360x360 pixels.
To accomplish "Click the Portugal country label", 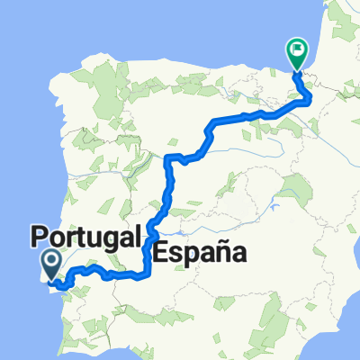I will tap(86, 238).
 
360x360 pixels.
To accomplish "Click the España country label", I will tap(201, 253).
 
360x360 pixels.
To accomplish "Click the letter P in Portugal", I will tap(40, 238).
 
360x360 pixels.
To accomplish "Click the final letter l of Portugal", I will tap(138, 237).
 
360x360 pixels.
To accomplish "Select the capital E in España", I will tap(162, 253).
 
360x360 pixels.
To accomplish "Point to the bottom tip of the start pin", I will tap(52, 276).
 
